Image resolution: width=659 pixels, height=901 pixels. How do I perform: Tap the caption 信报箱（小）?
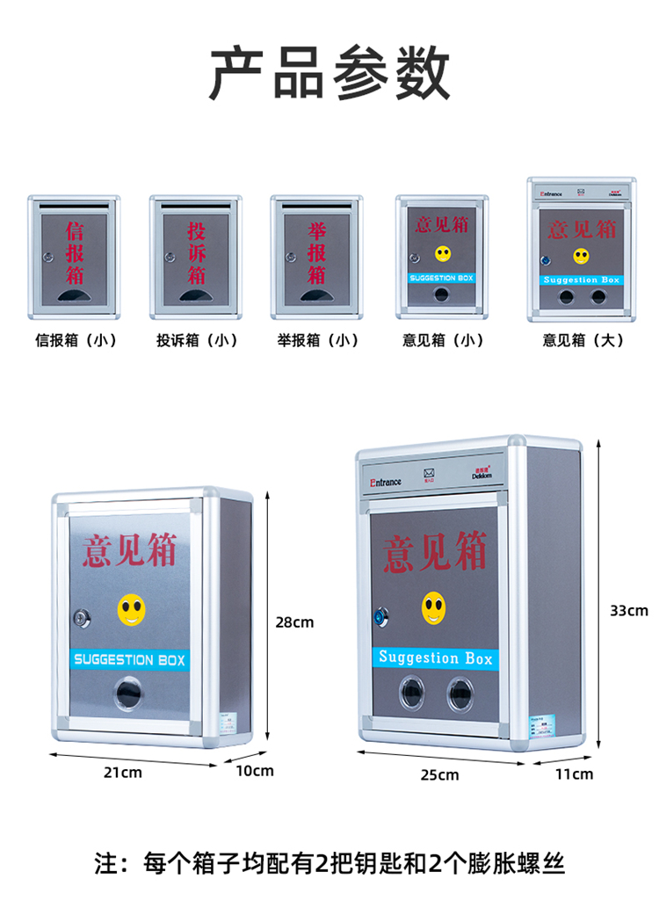pyautogui.click(x=76, y=340)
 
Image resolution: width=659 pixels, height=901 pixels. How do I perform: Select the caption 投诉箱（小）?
pyautogui.click(x=197, y=340)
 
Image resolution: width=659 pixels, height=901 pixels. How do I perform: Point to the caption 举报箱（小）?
pyautogui.click(x=317, y=340)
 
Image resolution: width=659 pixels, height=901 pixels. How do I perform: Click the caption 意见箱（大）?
pyautogui.click(x=583, y=340)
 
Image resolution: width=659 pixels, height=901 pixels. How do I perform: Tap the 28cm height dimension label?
pyautogui.click(x=294, y=622)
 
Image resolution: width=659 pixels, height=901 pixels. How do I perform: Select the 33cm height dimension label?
pyautogui.click(x=628, y=610)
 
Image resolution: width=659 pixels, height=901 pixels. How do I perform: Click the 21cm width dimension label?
pyautogui.click(x=123, y=773)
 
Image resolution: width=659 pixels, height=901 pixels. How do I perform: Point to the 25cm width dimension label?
pyautogui.click(x=440, y=774)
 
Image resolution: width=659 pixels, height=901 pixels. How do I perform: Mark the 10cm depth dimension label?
pyautogui.click(x=255, y=771)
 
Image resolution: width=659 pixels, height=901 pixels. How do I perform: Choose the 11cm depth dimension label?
pyautogui.click(x=575, y=774)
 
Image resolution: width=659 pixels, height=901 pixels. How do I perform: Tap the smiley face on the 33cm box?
pyautogui.click(x=432, y=607)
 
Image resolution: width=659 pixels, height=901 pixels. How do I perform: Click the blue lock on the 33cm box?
pyautogui.click(x=380, y=616)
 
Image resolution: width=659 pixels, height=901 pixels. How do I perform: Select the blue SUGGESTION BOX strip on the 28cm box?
pyautogui.click(x=130, y=659)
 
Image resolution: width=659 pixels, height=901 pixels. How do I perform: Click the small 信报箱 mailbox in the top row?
pyautogui.click(x=74, y=257)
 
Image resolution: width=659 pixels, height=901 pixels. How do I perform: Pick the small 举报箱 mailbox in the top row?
pyautogui.click(x=315, y=257)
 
